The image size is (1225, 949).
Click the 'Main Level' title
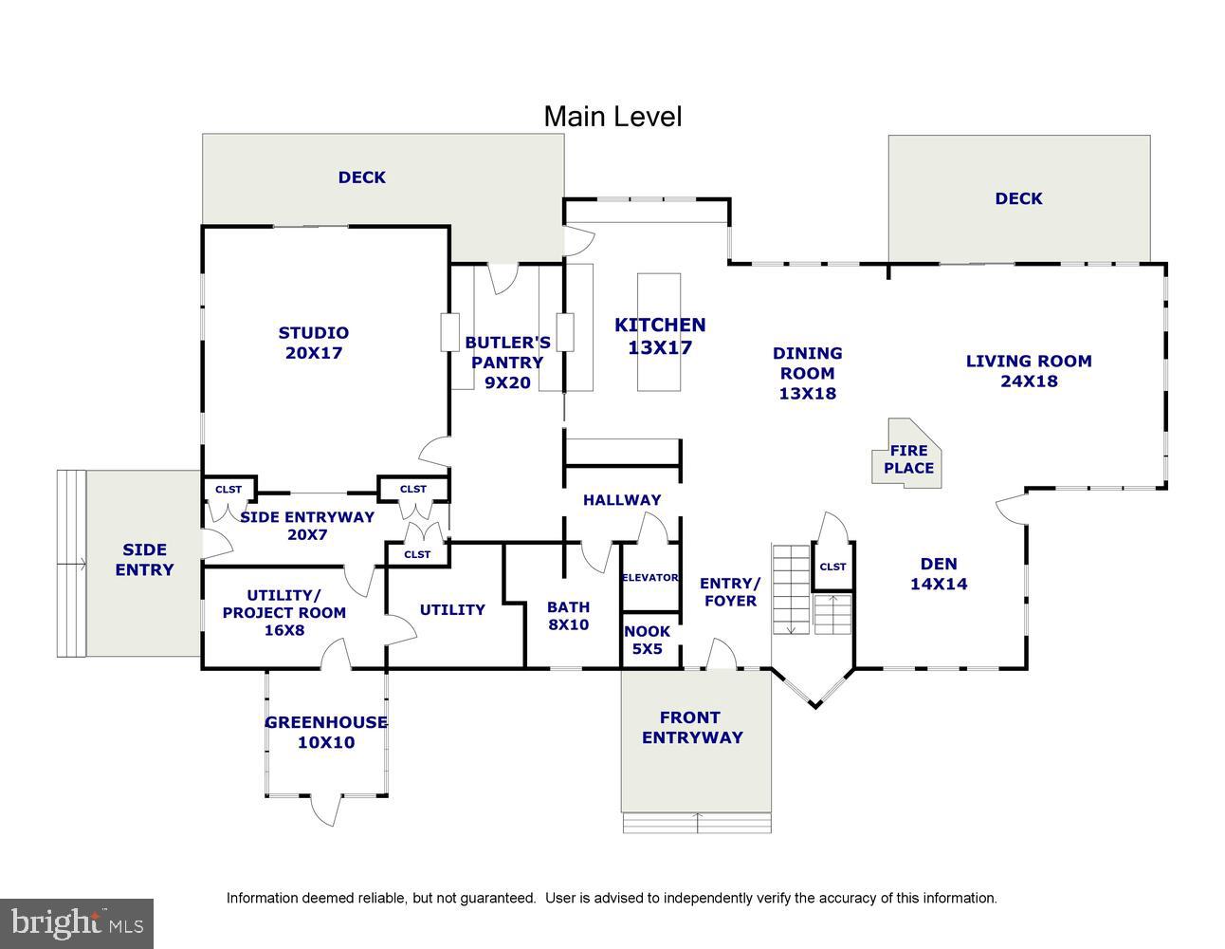612,117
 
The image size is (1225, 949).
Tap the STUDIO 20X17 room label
313,343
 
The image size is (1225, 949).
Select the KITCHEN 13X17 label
660,336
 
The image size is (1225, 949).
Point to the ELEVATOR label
649,577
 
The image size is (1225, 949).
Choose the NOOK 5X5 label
648,641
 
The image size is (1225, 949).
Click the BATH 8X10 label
568,616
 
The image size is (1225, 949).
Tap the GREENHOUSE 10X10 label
326,732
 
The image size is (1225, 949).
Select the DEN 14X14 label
939,574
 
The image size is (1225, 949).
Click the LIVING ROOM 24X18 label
1029,371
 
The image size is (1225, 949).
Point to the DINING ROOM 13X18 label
807,373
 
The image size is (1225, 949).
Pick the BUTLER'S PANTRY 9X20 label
507,363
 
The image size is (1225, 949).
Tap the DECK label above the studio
362,177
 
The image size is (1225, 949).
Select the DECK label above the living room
1018,198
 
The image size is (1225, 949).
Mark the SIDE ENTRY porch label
144,560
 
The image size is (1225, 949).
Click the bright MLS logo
77,921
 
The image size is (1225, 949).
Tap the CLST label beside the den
832,567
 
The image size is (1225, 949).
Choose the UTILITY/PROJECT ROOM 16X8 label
284,612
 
